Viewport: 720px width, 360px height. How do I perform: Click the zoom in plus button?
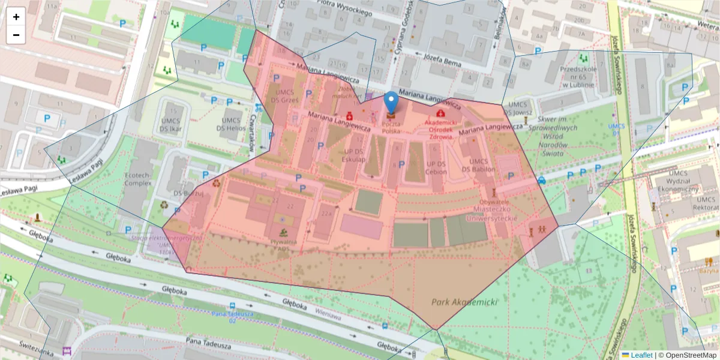[16, 17]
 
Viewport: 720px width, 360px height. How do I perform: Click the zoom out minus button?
[16, 35]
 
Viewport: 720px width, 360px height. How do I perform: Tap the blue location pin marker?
[391, 103]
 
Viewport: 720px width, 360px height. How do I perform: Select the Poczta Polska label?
[391, 127]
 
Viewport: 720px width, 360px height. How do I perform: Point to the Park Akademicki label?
[465, 302]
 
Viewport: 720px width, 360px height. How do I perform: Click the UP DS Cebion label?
[436, 167]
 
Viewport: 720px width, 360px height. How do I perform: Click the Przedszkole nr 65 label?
[580, 76]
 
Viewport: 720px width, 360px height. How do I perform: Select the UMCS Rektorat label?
[706, 203]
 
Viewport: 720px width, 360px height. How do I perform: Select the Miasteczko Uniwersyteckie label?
[494, 214]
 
